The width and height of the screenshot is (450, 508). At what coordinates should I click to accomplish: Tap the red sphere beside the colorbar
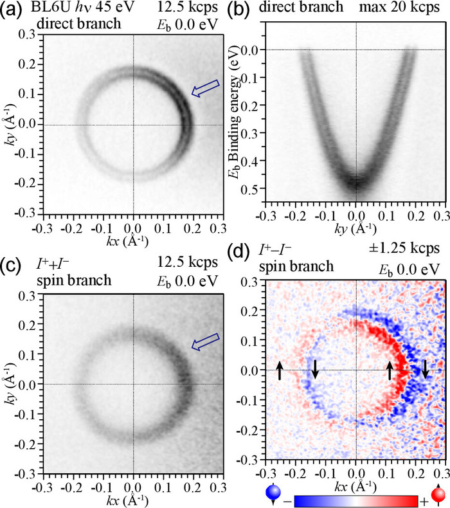439,495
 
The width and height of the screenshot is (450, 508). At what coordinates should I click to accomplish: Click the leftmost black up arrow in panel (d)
280,370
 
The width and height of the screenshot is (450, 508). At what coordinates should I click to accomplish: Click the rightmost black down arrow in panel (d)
424,370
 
